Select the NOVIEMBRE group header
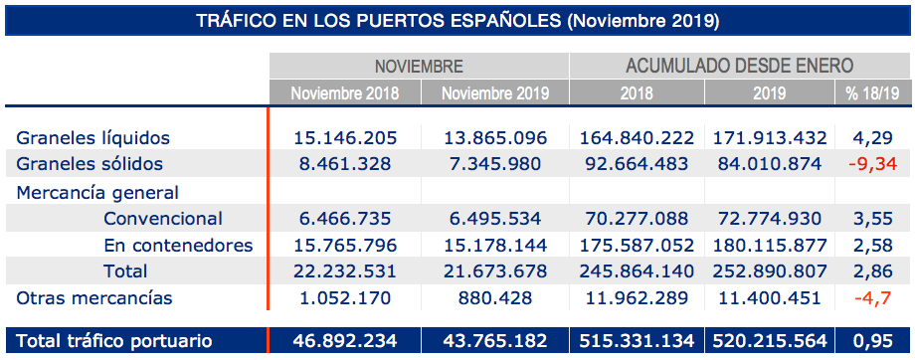tap(419, 67)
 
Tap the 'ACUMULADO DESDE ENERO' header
tap(739, 67)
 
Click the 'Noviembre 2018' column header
tap(344, 92)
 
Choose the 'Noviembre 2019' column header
tap(494, 92)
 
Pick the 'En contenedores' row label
tap(178, 245)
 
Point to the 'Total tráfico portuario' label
tap(114, 341)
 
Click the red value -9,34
tap(872, 163)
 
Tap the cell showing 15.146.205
tap(343, 137)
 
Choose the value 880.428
tap(494, 297)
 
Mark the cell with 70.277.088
tap(637, 219)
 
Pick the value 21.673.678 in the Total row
tap(494, 270)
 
